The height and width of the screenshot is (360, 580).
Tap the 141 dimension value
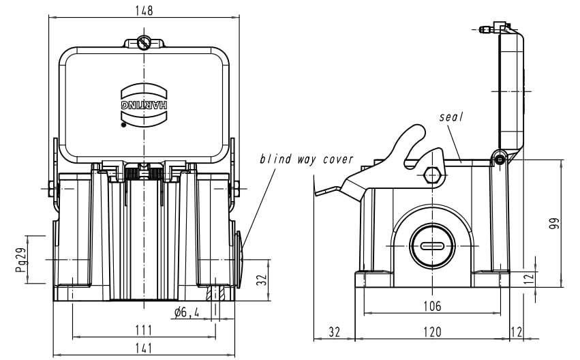pyautogui.click(x=143, y=348)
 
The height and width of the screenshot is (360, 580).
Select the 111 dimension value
pyautogui.click(x=143, y=330)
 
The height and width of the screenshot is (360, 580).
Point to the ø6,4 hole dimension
pyautogui.click(x=186, y=312)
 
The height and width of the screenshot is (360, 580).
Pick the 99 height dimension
pyautogui.click(x=555, y=224)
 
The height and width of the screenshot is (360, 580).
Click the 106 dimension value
pyautogui.click(x=431, y=306)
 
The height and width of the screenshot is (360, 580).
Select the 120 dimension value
pyautogui.click(x=431, y=332)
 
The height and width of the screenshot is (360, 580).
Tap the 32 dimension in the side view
pyautogui.click(x=334, y=332)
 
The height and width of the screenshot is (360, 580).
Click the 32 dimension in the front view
pyautogui.click(x=260, y=280)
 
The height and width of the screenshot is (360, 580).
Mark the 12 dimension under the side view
pyautogui.click(x=516, y=332)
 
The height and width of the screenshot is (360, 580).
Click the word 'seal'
pyautogui.click(x=451, y=117)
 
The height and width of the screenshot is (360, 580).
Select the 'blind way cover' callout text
pyautogui.click(x=306, y=160)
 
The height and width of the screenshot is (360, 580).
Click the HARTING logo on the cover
pyautogui.click(x=144, y=106)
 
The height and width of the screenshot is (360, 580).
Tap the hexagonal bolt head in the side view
pyautogui.click(x=431, y=175)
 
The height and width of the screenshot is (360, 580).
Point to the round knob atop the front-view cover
pyautogui.click(x=144, y=43)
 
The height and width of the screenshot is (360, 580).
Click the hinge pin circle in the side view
pyautogui.click(x=500, y=160)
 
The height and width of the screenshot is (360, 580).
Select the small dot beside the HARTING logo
pyautogui.click(x=123, y=125)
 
